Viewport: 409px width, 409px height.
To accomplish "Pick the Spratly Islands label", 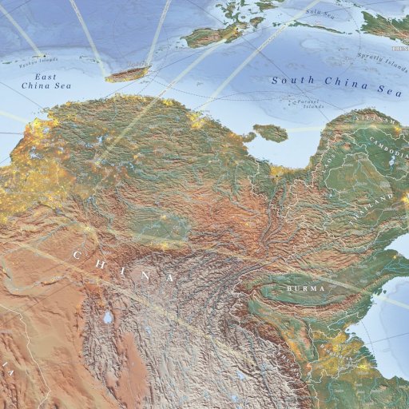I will click(382, 59).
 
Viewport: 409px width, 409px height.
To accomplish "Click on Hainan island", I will click(270, 132).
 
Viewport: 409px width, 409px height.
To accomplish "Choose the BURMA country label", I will click(308, 286).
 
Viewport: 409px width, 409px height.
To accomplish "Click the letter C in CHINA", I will click(78, 256).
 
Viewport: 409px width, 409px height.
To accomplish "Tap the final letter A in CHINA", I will click(170, 277).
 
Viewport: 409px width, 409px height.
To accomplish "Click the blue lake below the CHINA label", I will click(107, 318).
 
